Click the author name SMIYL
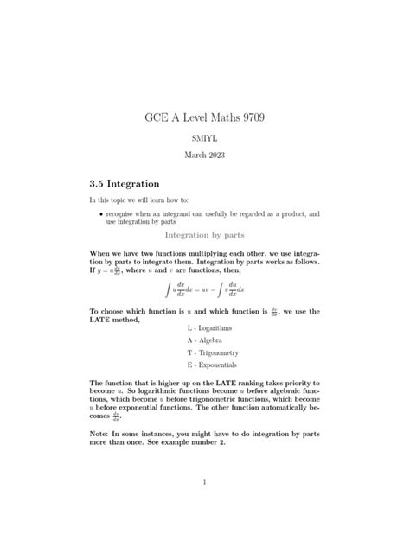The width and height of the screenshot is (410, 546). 205,137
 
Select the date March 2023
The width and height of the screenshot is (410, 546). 205,155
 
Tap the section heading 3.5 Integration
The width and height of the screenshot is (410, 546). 125,184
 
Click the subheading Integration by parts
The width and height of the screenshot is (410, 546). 204,234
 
